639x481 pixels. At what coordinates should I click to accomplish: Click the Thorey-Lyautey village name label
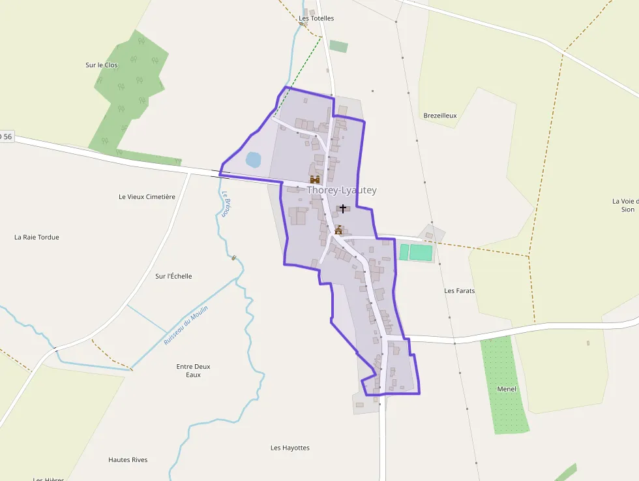342,191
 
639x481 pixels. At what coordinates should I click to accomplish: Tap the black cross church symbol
343,209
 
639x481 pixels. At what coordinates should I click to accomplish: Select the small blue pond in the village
253,159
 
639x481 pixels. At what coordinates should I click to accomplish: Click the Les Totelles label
316,18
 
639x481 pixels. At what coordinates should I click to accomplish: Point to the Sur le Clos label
102,65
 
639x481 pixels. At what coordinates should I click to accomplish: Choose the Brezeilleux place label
440,116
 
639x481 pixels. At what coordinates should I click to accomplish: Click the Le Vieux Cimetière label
147,196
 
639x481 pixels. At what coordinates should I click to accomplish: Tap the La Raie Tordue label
37,237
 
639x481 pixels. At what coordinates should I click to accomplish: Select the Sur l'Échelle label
173,276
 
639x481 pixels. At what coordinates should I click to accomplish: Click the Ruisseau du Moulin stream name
186,325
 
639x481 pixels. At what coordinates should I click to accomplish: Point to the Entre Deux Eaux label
193,371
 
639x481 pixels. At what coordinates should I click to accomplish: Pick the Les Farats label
459,290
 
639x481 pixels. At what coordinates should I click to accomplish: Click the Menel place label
506,389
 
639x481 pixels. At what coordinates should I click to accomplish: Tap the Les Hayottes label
290,448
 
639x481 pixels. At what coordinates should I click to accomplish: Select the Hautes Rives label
128,459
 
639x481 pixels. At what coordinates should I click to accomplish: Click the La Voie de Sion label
626,205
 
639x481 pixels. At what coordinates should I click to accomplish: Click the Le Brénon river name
225,204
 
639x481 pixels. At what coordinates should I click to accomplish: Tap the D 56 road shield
6,136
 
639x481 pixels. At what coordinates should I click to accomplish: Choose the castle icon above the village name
315,179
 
